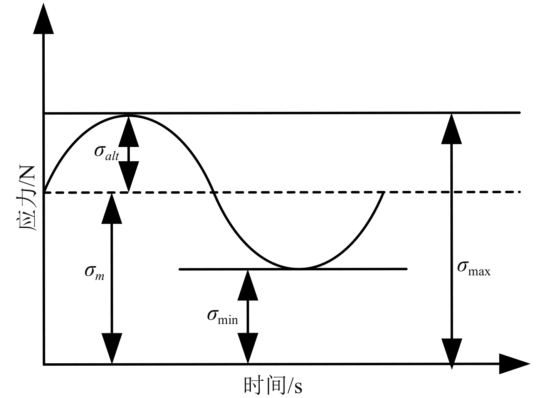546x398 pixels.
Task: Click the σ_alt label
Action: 107,152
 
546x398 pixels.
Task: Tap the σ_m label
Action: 94,273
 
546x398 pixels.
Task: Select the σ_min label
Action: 222,317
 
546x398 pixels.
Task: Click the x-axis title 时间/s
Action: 273,386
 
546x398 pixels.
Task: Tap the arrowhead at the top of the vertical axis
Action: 44,19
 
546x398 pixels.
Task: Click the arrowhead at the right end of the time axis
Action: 514,364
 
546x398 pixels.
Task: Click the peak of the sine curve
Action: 128,115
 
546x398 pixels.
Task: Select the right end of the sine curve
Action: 383,192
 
